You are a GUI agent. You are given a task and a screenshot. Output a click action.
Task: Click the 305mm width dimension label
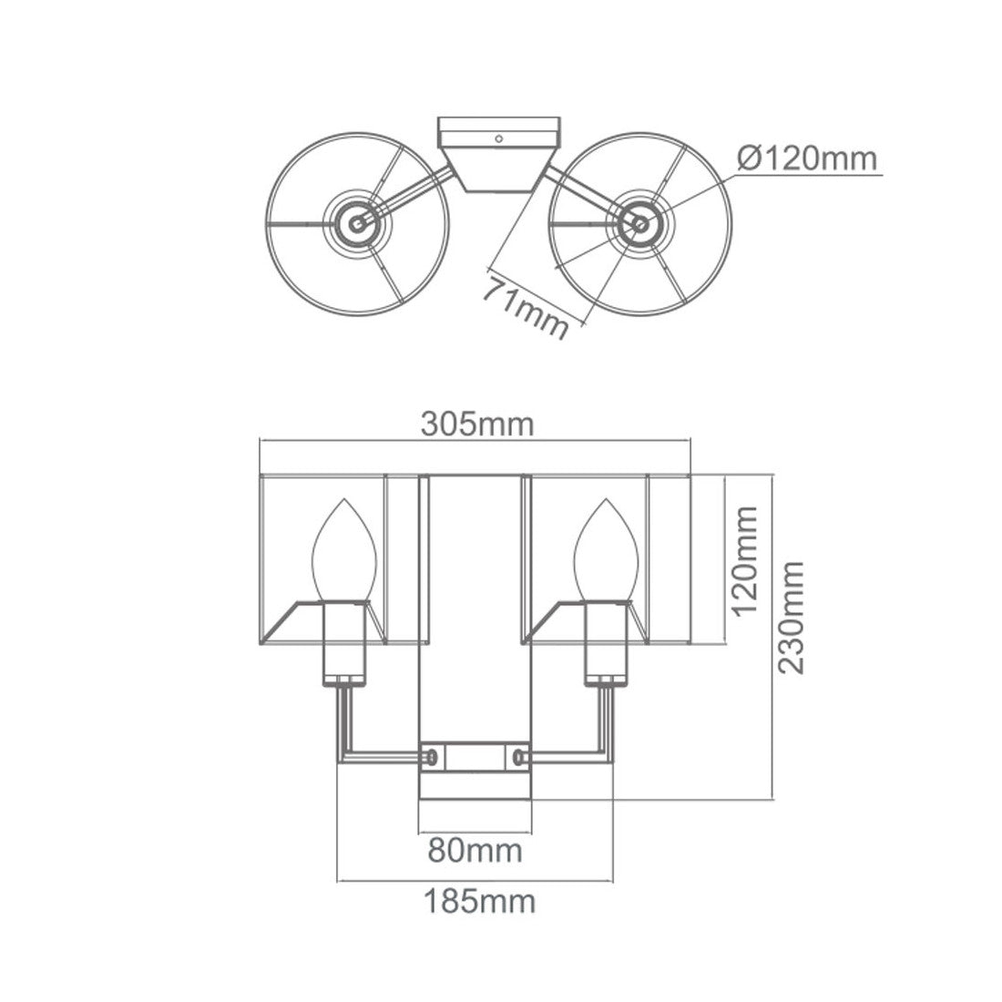[x=476, y=424]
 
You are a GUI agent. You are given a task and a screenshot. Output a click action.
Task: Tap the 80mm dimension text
[x=475, y=851]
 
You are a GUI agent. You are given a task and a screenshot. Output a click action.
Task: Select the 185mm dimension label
[x=480, y=902]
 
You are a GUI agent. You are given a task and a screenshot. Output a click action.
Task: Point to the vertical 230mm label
[x=791, y=618]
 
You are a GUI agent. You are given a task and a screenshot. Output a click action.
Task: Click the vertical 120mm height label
[x=745, y=560]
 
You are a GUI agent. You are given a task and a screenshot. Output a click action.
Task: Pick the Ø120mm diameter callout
[x=806, y=158]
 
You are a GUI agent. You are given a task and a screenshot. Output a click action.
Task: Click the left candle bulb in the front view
[x=343, y=550]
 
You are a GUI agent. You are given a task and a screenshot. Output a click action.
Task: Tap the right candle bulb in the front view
[x=607, y=550]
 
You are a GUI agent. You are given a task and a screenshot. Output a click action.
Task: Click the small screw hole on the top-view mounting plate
[x=499, y=138]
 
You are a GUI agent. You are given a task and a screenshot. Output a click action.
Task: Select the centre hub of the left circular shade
[x=356, y=224]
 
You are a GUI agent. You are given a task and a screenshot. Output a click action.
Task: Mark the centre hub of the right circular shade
[x=640, y=224]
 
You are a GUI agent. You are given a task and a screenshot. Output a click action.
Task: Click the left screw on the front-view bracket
[x=433, y=757]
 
